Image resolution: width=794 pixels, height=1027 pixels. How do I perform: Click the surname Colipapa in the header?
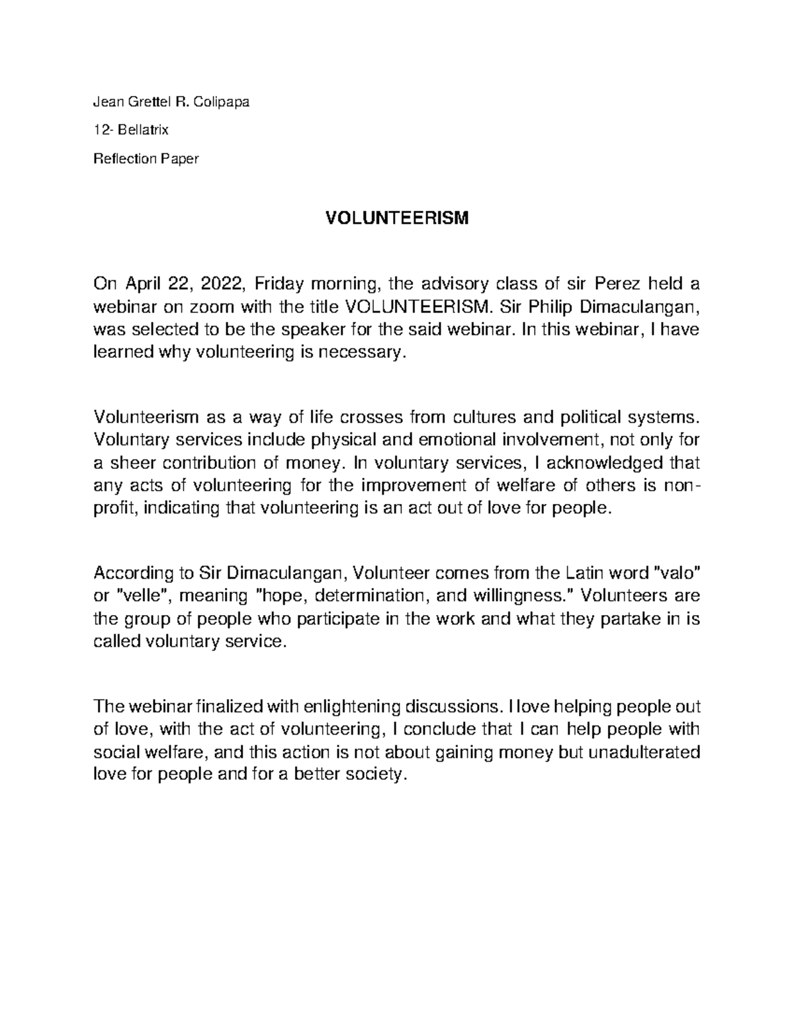coord(226,102)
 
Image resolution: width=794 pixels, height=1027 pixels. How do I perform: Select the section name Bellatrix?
coord(144,130)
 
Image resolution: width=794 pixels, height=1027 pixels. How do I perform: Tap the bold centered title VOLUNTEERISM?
coord(396,218)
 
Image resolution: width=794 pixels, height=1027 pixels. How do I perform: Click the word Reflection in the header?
coord(126,159)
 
